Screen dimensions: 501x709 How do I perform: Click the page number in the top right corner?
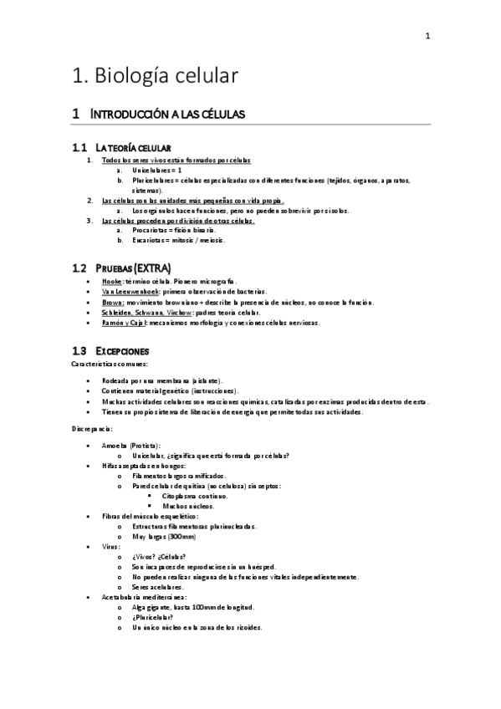tap(427, 36)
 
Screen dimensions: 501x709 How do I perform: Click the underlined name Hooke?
tap(111, 283)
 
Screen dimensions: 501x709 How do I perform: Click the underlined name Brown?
tap(112, 302)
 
